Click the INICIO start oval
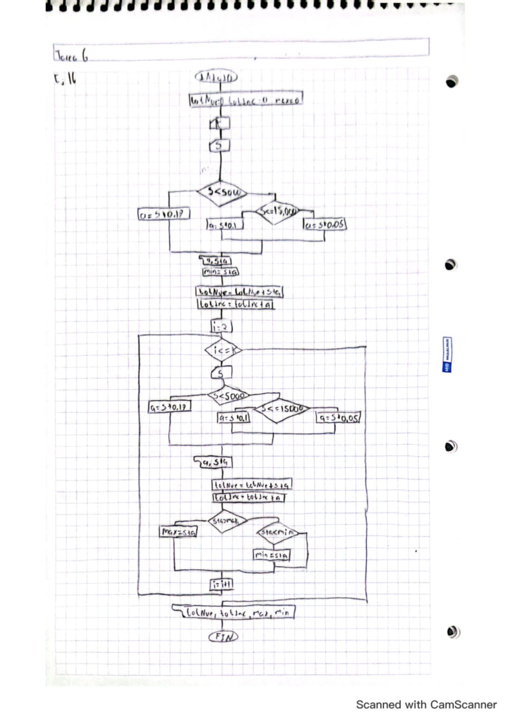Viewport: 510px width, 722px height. [x=216, y=77]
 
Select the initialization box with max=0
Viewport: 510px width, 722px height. [x=246, y=100]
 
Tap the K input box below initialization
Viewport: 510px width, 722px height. [x=220, y=123]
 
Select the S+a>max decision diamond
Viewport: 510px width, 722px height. [x=226, y=521]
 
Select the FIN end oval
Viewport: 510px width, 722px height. [x=224, y=637]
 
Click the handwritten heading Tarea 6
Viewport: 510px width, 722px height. [x=71, y=55]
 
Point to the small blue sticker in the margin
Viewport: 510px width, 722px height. [x=447, y=355]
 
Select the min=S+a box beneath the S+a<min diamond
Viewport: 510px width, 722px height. [x=272, y=555]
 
